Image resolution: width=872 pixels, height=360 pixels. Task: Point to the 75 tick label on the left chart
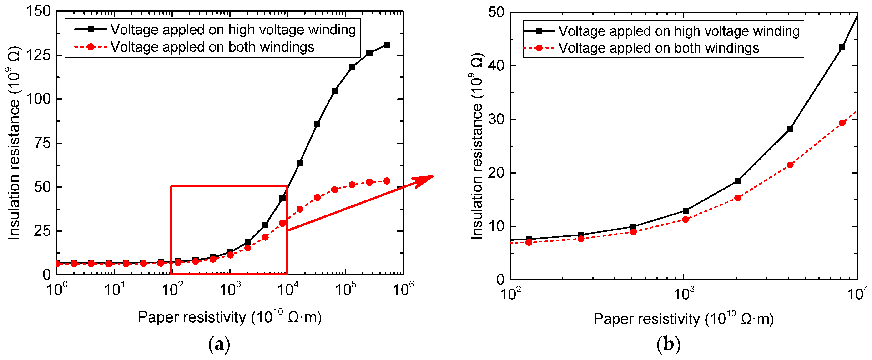(x=43, y=143)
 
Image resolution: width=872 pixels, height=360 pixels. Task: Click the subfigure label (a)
(x=219, y=345)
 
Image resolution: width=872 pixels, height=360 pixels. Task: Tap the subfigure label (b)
(x=668, y=345)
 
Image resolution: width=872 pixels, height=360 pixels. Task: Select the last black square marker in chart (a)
(x=387, y=45)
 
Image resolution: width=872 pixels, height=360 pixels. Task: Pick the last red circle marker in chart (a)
(x=387, y=181)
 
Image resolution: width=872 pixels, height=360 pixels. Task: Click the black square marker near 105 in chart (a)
(x=334, y=91)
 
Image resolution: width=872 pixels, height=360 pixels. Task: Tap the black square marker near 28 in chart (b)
(x=790, y=129)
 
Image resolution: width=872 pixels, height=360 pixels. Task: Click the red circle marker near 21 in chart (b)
(x=790, y=165)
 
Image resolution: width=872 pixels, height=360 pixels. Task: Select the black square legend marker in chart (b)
(x=539, y=31)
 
